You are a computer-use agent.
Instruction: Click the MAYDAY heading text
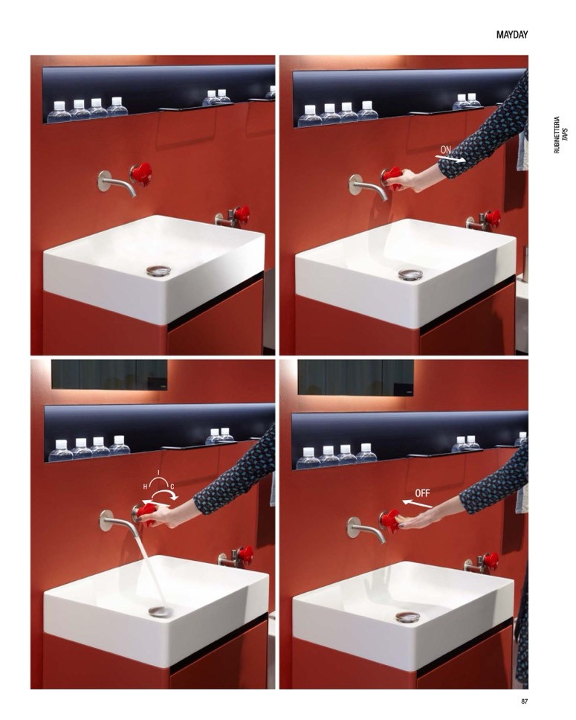point(512,35)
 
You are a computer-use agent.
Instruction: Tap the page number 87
point(524,701)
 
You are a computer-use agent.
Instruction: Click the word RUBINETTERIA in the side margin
point(557,135)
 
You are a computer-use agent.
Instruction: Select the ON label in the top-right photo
point(446,150)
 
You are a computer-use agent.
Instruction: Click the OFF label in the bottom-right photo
point(422,493)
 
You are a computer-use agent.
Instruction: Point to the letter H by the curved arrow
point(145,486)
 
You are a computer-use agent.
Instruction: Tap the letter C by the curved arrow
point(172,486)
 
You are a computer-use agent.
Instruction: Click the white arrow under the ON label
point(450,159)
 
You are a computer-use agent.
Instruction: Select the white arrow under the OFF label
point(417,504)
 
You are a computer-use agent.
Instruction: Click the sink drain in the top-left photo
point(158,271)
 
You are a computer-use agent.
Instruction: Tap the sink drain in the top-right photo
point(410,274)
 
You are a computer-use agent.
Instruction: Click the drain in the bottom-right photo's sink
point(407,617)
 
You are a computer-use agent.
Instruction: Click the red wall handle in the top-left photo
point(141,174)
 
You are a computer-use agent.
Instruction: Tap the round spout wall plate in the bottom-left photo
point(106,520)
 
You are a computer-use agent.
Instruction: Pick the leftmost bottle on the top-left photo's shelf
point(59,112)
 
